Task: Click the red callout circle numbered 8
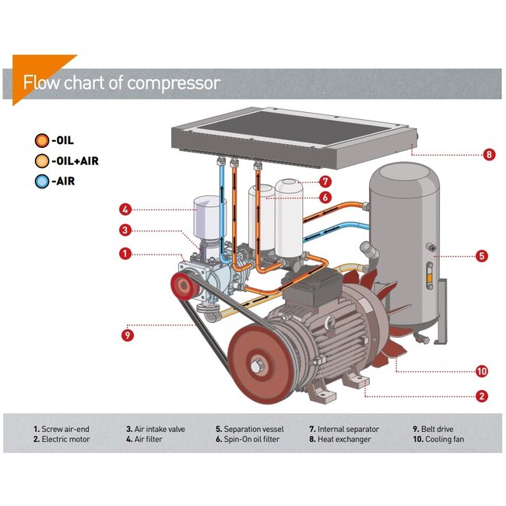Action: click(x=489, y=154)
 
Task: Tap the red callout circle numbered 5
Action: click(x=482, y=255)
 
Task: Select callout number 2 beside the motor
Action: click(x=482, y=396)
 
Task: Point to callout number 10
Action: click(x=482, y=371)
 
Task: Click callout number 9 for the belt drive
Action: click(x=128, y=336)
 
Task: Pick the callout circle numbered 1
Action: click(x=125, y=253)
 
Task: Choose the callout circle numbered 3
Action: click(x=125, y=230)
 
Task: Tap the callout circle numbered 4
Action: click(x=125, y=209)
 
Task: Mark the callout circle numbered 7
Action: click(x=325, y=181)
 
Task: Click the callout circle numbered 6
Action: click(x=325, y=198)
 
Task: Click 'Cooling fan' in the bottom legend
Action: click(x=448, y=440)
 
